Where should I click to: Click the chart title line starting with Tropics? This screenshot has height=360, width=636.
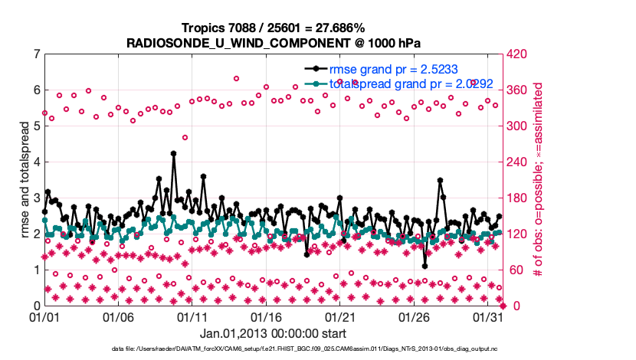pyautogui.click(x=273, y=28)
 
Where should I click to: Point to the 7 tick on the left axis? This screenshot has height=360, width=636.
pyautogui.click(x=36, y=54)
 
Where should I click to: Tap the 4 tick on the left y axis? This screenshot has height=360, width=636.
pyautogui.click(x=36, y=162)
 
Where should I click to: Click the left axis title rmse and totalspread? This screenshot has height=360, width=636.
pyautogui.click(x=25, y=179)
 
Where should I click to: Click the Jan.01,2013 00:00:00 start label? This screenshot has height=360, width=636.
pyautogui.click(x=273, y=333)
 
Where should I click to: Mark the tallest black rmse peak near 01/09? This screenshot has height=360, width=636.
pyautogui.click(x=174, y=153)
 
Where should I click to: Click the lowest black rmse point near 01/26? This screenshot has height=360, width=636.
pyautogui.click(x=425, y=266)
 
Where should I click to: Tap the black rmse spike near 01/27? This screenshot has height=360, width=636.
pyautogui.click(x=440, y=181)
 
